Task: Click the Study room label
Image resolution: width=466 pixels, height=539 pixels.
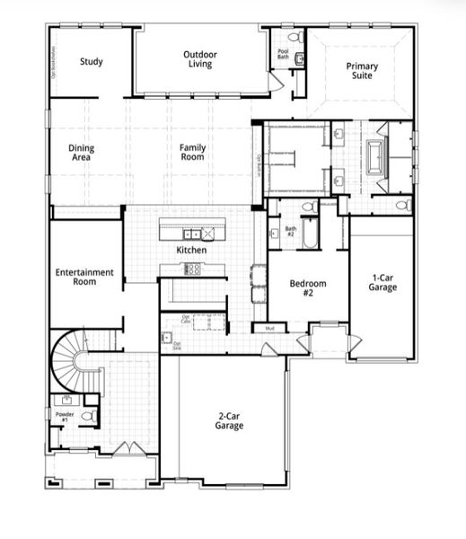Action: click(x=91, y=62)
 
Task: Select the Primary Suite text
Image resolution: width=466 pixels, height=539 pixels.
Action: click(x=363, y=71)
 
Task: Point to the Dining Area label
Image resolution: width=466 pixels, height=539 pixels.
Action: click(x=82, y=153)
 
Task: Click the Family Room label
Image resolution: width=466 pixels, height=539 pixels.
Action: click(x=191, y=152)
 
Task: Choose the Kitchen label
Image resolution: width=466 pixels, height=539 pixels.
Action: click(x=191, y=250)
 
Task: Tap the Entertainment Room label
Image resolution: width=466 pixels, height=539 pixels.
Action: click(x=84, y=277)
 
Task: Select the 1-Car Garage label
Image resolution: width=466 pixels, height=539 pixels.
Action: click(x=382, y=282)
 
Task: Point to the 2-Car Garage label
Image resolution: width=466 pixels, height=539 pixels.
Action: click(x=229, y=421)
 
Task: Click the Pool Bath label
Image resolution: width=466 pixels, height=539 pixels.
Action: click(x=283, y=55)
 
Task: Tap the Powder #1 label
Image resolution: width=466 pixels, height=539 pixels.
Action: click(x=65, y=417)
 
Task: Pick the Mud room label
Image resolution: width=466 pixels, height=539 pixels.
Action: click(x=268, y=329)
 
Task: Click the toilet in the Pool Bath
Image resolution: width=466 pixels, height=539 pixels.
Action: click(x=299, y=60)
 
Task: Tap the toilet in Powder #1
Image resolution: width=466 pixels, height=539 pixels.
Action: click(x=88, y=415)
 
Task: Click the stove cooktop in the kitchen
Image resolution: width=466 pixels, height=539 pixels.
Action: click(x=192, y=268)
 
